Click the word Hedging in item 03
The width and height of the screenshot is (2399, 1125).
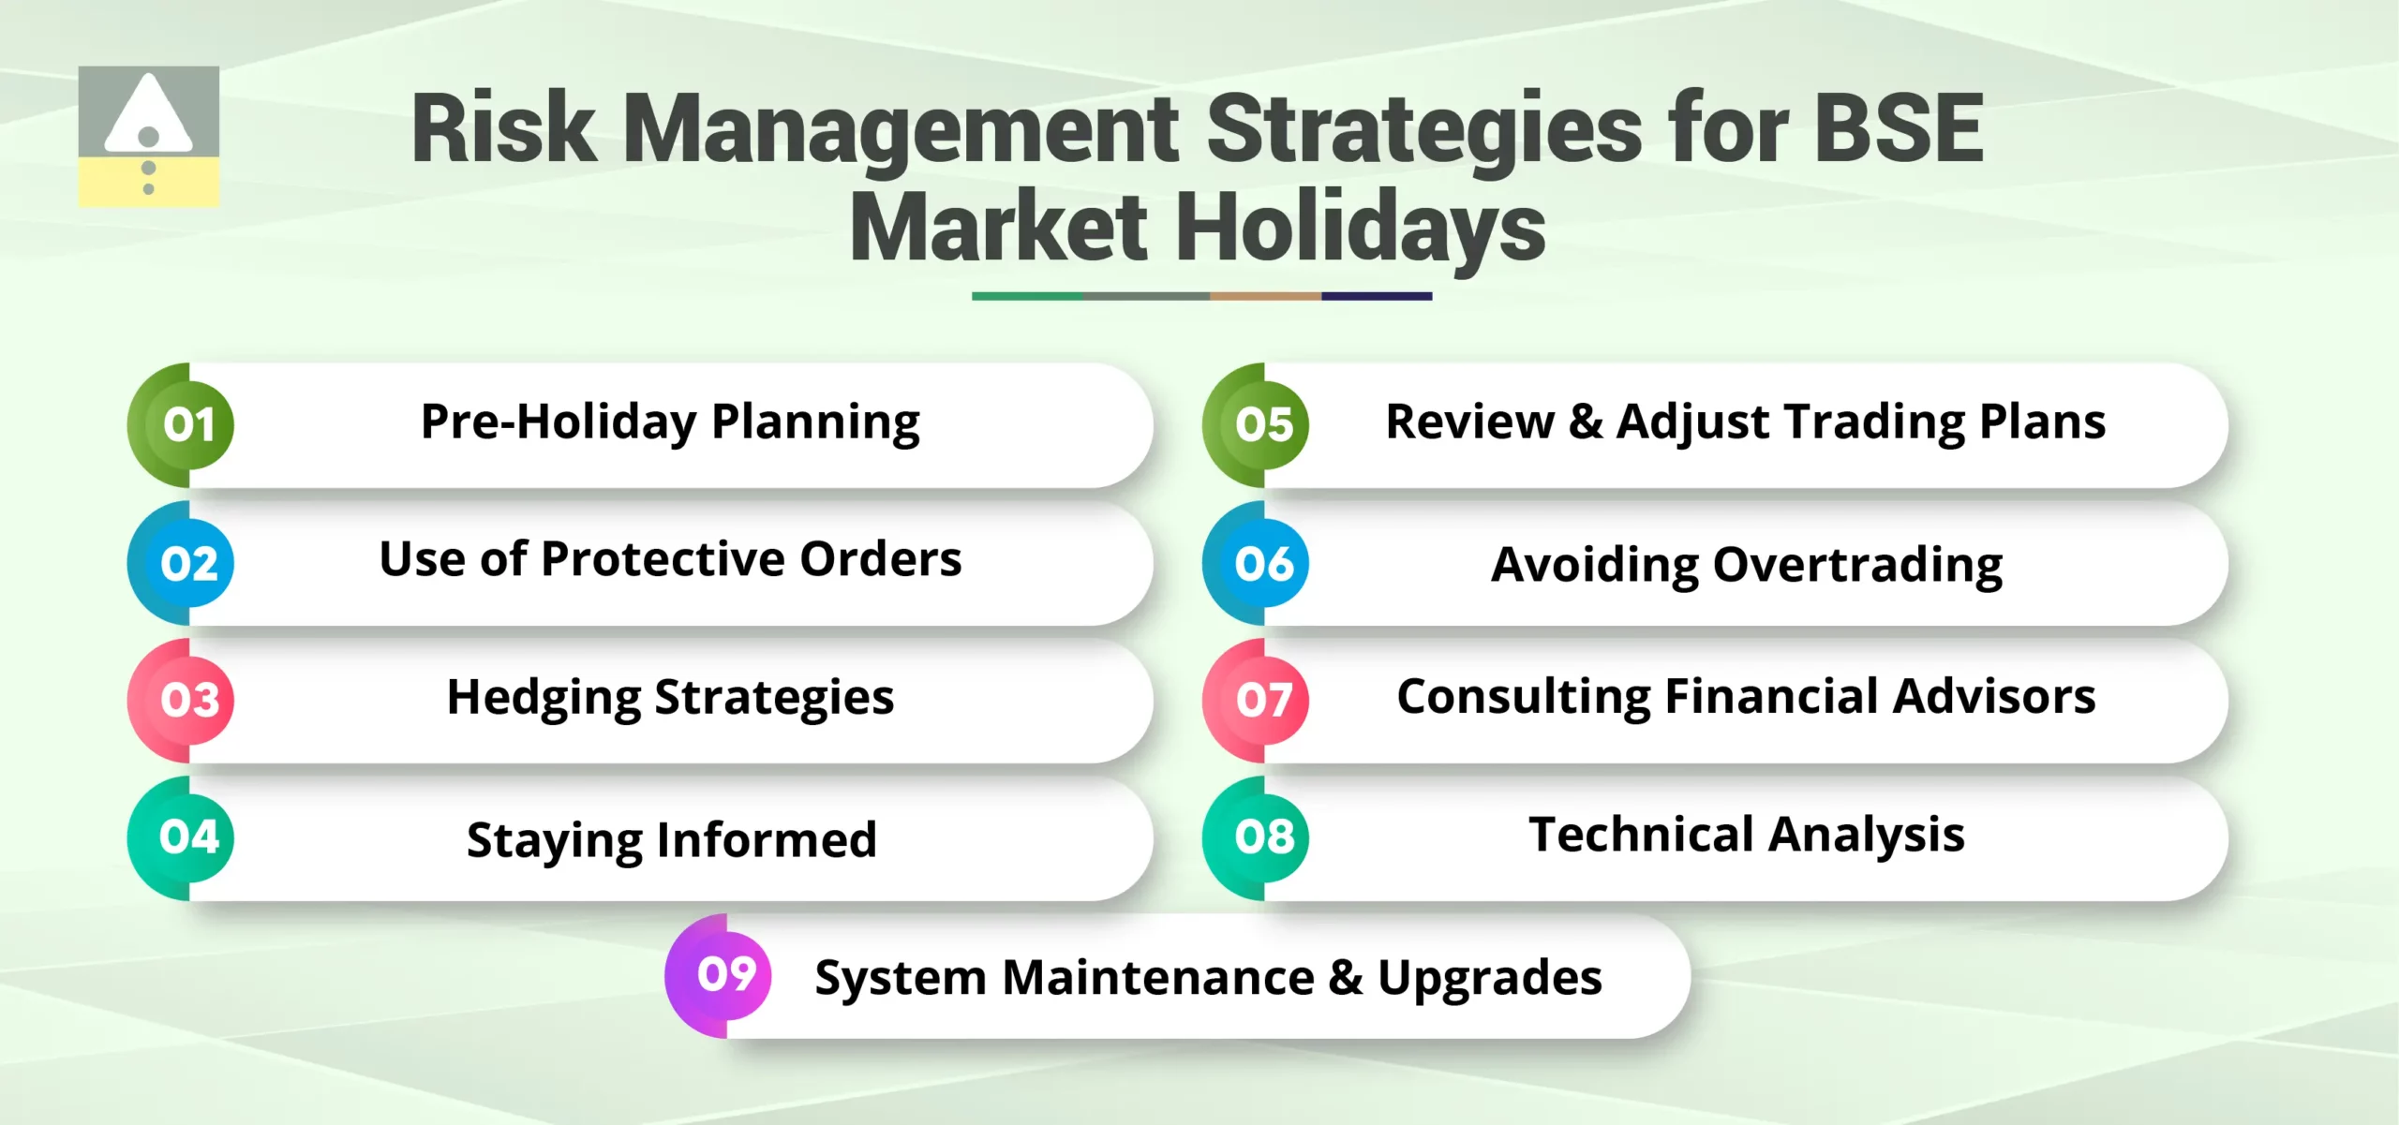544,699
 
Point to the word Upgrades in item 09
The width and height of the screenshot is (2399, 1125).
1489,979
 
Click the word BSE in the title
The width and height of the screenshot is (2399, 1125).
1899,129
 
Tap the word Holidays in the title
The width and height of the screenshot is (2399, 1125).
1360,229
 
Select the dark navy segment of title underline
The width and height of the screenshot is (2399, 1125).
1377,296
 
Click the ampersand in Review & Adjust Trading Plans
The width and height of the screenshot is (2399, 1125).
1585,422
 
